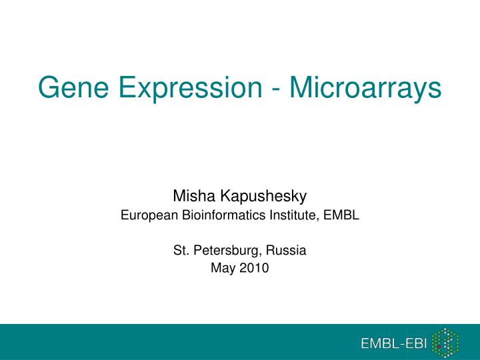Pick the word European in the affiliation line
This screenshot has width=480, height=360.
[x=143, y=215]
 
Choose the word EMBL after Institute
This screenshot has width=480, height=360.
[x=345, y=215]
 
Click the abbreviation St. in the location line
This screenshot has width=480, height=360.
[x=180, y=251]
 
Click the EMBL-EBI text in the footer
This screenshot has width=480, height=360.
[x=393, y=343]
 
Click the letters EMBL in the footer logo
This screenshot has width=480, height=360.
[x=379, y=343]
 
